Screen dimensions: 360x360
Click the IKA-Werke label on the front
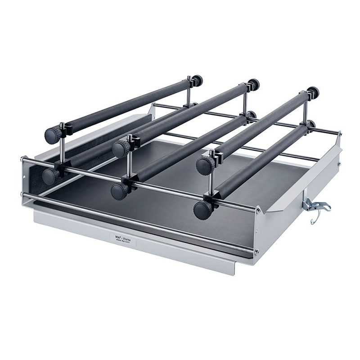[122, 237]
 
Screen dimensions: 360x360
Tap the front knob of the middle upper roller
[120, 149]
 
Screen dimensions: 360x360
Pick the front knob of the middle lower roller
[120, 191]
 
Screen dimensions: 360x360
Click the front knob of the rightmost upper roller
[205, 166]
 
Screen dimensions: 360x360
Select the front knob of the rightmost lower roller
[202, 210]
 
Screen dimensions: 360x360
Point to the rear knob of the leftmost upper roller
[197, 81]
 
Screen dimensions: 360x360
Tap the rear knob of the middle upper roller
[254, 84]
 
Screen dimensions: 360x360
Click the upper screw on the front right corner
[258, 210]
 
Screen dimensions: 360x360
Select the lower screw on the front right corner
[257, 252]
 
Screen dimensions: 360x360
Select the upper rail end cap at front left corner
[22, 158]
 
